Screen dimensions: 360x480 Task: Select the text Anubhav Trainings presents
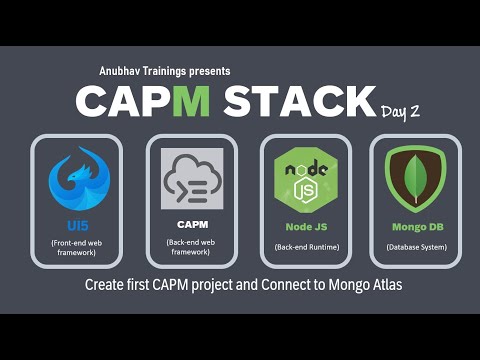pos(165,71)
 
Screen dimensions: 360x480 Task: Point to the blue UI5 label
pos(76,226)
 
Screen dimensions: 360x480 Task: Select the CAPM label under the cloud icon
pos(192,226)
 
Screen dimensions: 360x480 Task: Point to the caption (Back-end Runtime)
pos(306,247)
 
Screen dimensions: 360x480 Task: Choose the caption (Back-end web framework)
pos(192,249)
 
